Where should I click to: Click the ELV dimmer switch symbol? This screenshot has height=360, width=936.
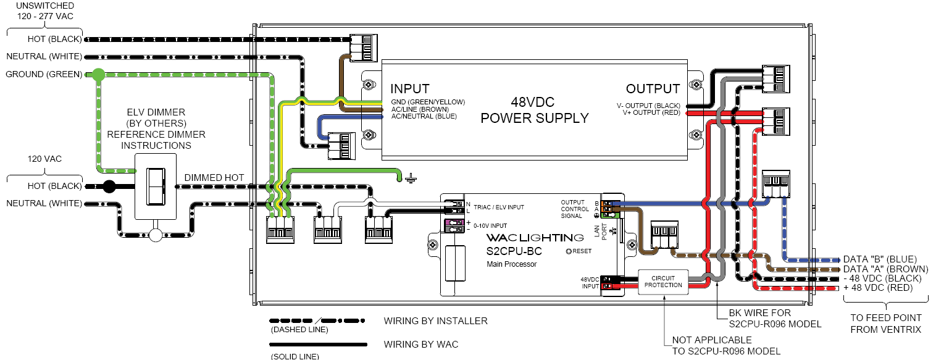coord(156,186)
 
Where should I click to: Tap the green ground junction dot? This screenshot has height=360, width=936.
coord(98,75)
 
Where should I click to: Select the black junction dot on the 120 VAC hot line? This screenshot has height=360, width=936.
coord(109,186)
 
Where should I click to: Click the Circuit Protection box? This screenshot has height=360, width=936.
coord(663,282)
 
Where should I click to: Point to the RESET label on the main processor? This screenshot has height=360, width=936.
coord(579,251)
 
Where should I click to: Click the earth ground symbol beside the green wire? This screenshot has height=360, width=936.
coord(411,179)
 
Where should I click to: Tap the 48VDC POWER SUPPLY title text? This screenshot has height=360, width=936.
coord(535,111)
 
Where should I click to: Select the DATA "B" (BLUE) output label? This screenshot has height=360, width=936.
coord(880,259)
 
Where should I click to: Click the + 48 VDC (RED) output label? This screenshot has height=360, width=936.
coord(878,288)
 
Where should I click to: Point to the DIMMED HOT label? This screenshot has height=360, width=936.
coord(214,178)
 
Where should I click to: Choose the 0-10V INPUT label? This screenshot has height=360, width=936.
coord(490,226)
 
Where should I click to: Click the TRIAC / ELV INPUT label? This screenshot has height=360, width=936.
coord(498,207)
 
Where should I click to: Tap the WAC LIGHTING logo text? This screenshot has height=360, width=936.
coord(535,238)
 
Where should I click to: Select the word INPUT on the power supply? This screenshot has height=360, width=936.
coord(409,89)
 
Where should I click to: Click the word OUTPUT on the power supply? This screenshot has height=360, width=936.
coord(653,89)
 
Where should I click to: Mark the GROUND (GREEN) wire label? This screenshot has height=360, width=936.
coord(44,75)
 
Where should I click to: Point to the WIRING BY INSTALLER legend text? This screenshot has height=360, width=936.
coord(435,320)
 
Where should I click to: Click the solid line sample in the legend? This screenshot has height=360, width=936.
coord(319,345)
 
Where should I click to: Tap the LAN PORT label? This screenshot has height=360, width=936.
coord(601,231)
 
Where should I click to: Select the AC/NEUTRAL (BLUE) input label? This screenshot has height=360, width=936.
coord(424,116)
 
